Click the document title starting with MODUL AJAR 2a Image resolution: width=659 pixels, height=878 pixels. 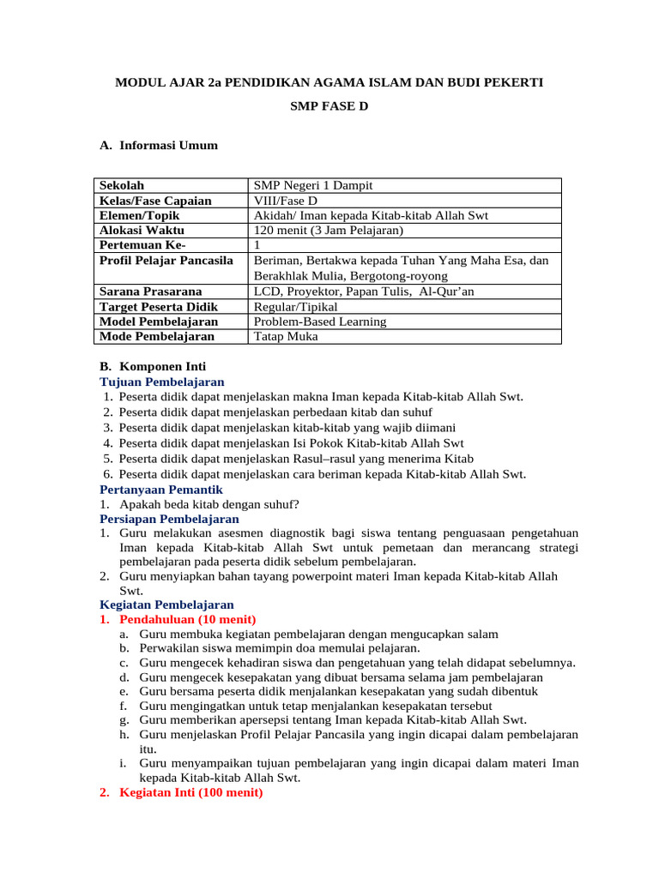329,82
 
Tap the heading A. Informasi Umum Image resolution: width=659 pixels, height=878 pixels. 159,145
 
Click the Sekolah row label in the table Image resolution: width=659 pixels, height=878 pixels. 122,185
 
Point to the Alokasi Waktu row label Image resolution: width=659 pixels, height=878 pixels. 142,230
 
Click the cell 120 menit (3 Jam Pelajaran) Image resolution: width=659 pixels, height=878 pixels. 328,230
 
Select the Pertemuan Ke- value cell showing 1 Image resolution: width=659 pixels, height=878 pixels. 257,245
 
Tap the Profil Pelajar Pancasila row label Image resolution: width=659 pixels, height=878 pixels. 166,260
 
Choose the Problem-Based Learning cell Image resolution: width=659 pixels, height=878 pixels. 320,322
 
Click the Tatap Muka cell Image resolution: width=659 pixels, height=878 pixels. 286,336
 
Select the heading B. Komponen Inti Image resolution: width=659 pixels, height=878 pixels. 153,366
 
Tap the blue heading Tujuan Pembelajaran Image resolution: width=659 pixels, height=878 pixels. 162,382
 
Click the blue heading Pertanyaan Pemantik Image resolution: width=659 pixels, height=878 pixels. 161,489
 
